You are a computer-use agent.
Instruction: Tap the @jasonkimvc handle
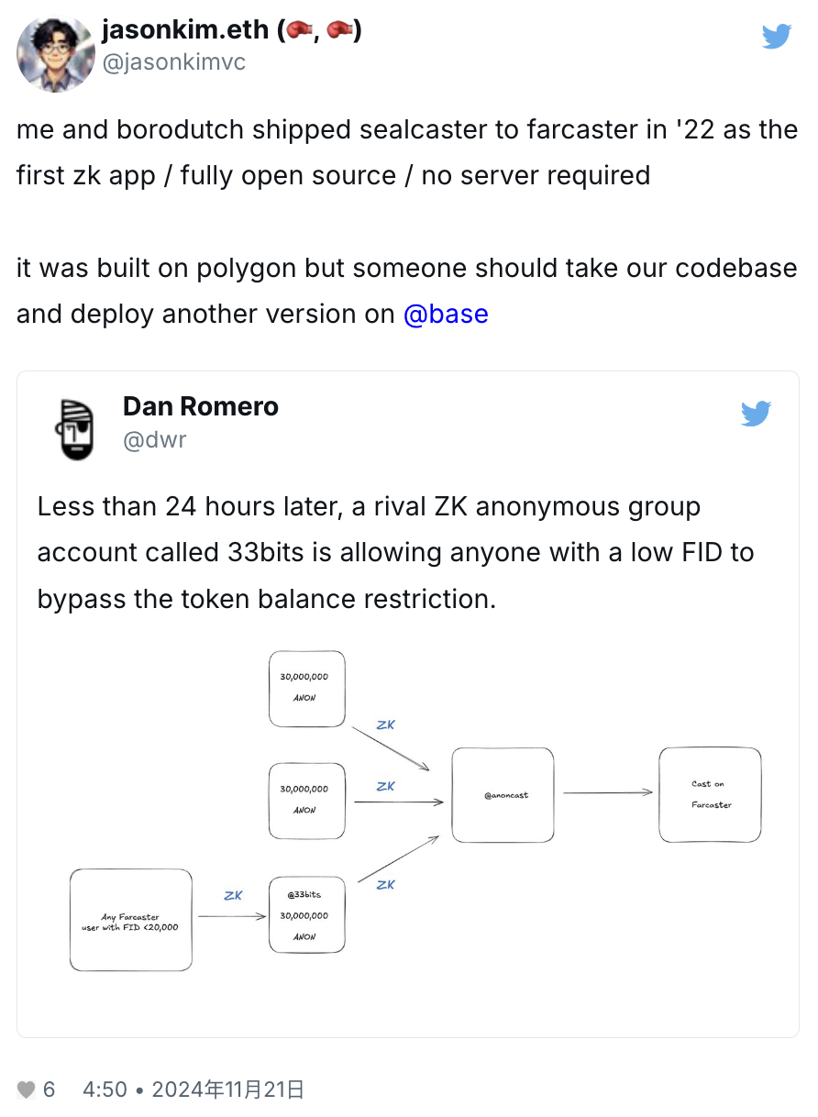click(x=173, y=62)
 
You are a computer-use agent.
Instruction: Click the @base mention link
click(x=446, y=314)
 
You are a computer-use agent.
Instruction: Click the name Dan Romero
click(x=201, y=406)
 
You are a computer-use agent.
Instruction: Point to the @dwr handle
click(x=155, y=440)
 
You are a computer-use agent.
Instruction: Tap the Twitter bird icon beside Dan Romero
click(x=756, y=414)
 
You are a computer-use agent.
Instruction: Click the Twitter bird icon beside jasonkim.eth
click(x=777, y=36)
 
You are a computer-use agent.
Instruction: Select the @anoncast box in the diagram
click(x=503, y=795)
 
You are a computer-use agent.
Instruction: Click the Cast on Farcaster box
click(x=710, y=794)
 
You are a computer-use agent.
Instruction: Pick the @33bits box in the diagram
click(x=306, y=914)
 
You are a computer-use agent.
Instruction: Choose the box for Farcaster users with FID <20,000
click(x=130, y=920)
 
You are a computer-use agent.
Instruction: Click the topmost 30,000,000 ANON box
click(x=306, y=688)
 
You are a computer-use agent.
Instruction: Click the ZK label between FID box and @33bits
click(x=233, y=895)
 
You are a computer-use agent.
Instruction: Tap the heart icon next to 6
click(x=27, y=1089)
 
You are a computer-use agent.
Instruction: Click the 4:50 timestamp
click(x=105, y=1089)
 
